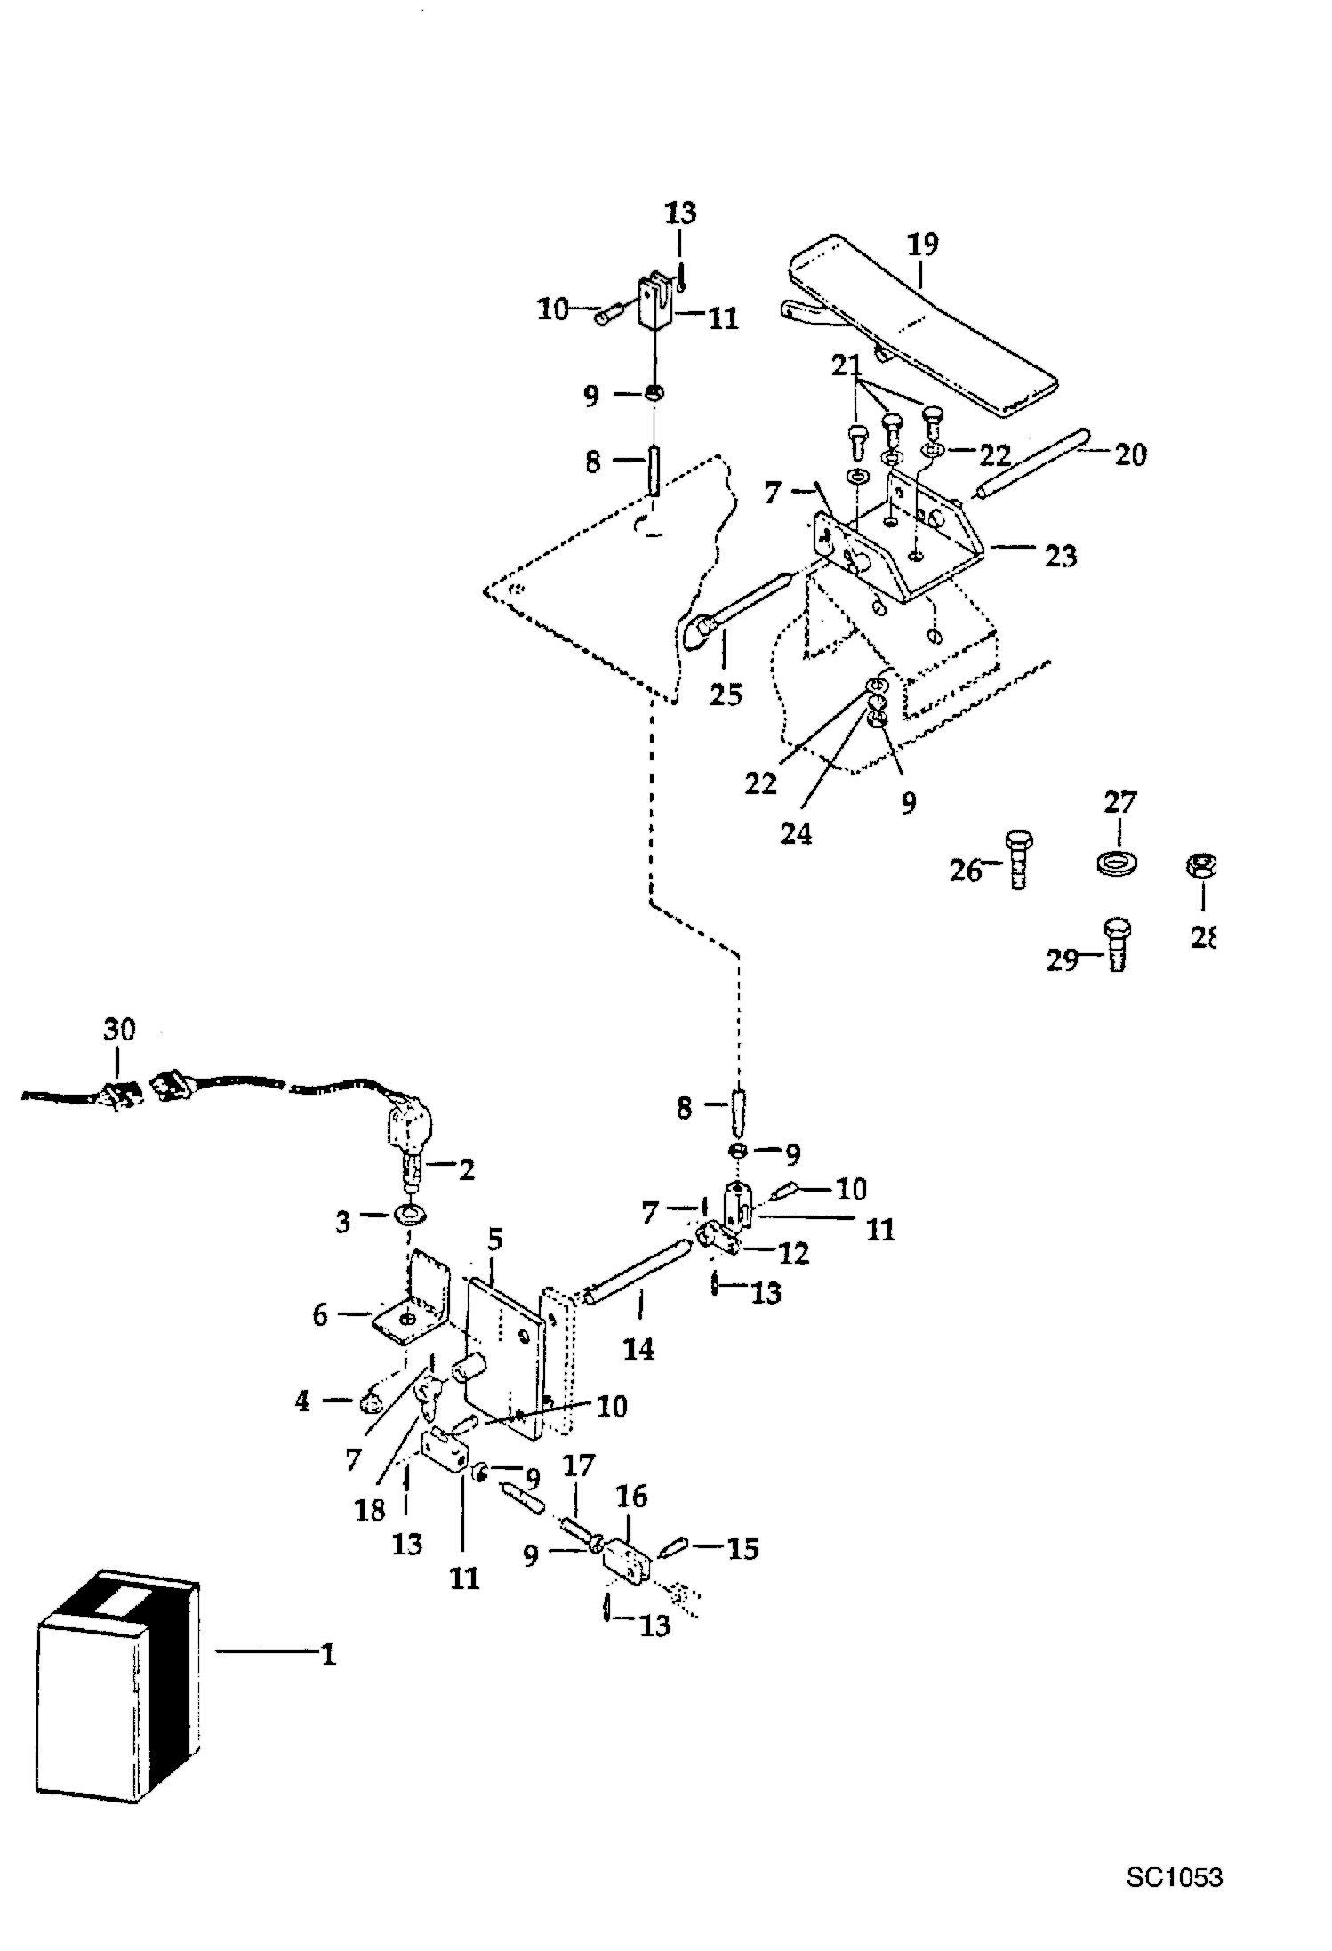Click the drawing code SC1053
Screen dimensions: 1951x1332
click(1174, 1877)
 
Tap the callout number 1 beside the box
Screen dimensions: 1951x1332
click(328, 1655)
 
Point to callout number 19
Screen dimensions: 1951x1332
click(923, 244)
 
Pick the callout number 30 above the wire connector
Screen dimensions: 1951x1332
click(119, 1029)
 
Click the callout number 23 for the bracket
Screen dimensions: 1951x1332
click(1060, 556)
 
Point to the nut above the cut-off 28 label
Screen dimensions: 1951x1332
click(1202, 865)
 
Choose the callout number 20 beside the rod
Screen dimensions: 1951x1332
click(1130, 454)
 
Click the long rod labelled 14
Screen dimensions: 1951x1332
click(637, 1275)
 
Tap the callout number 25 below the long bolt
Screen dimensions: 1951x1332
click(725, 694)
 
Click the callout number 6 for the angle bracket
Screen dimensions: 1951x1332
click(321, 1315)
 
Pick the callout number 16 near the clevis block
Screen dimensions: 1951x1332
click(631, 1497)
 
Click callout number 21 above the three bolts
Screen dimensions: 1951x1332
click(847, 365)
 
